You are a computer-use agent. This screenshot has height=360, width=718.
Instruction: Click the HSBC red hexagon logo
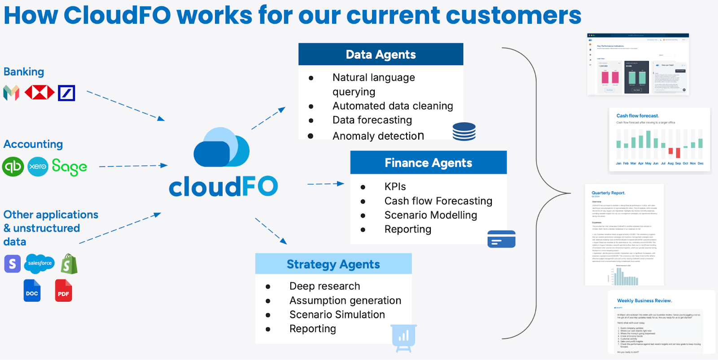click(39, 92)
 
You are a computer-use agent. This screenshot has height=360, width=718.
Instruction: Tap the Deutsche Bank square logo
click(66, 93)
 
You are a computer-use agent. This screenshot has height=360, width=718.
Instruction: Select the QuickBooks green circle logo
click(13, 167)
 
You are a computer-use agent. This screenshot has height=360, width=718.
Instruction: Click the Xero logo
click(38, 167)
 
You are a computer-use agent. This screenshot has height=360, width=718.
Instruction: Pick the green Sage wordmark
click(69, 167)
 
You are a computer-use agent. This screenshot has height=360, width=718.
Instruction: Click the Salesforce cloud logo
click(39, 263)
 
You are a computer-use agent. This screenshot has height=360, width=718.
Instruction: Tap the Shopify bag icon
click(69, 264)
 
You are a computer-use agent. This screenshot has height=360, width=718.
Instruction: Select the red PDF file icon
click(63, 290)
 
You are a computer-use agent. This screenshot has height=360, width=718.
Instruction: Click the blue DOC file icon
click(32, 290)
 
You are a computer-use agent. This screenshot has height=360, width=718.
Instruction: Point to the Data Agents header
click(381, 54)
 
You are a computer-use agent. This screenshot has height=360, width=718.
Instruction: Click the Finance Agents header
click(428, 162)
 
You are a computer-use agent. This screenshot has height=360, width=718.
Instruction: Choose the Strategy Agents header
click(333, 264)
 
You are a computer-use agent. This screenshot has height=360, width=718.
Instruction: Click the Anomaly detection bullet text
click(378, 136)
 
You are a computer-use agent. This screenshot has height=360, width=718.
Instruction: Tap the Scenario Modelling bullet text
click(430, 215)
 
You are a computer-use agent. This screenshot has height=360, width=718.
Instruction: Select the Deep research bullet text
click(324, 286)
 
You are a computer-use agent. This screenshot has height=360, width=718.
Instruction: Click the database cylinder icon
click(464, 132)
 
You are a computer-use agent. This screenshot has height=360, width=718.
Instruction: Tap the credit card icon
click(501, 239)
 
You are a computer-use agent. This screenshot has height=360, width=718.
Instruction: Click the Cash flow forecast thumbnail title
click(637, 116)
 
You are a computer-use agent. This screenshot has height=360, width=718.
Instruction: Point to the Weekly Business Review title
click(644, 301)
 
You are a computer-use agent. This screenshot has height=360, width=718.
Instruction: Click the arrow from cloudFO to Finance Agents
click(325, 184)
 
